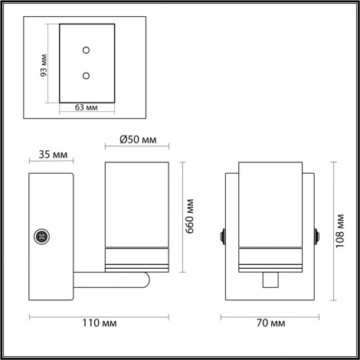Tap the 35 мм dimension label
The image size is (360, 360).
click(x=52, y=155)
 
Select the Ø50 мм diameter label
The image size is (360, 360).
click(x=139, y=140)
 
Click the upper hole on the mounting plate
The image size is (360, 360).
click(x=86, y=51)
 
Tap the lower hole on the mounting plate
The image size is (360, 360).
click(x=86, y=75)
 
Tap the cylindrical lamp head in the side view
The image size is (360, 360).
click(x=136, y=207)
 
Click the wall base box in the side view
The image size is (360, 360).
click(x=51, y=237)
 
